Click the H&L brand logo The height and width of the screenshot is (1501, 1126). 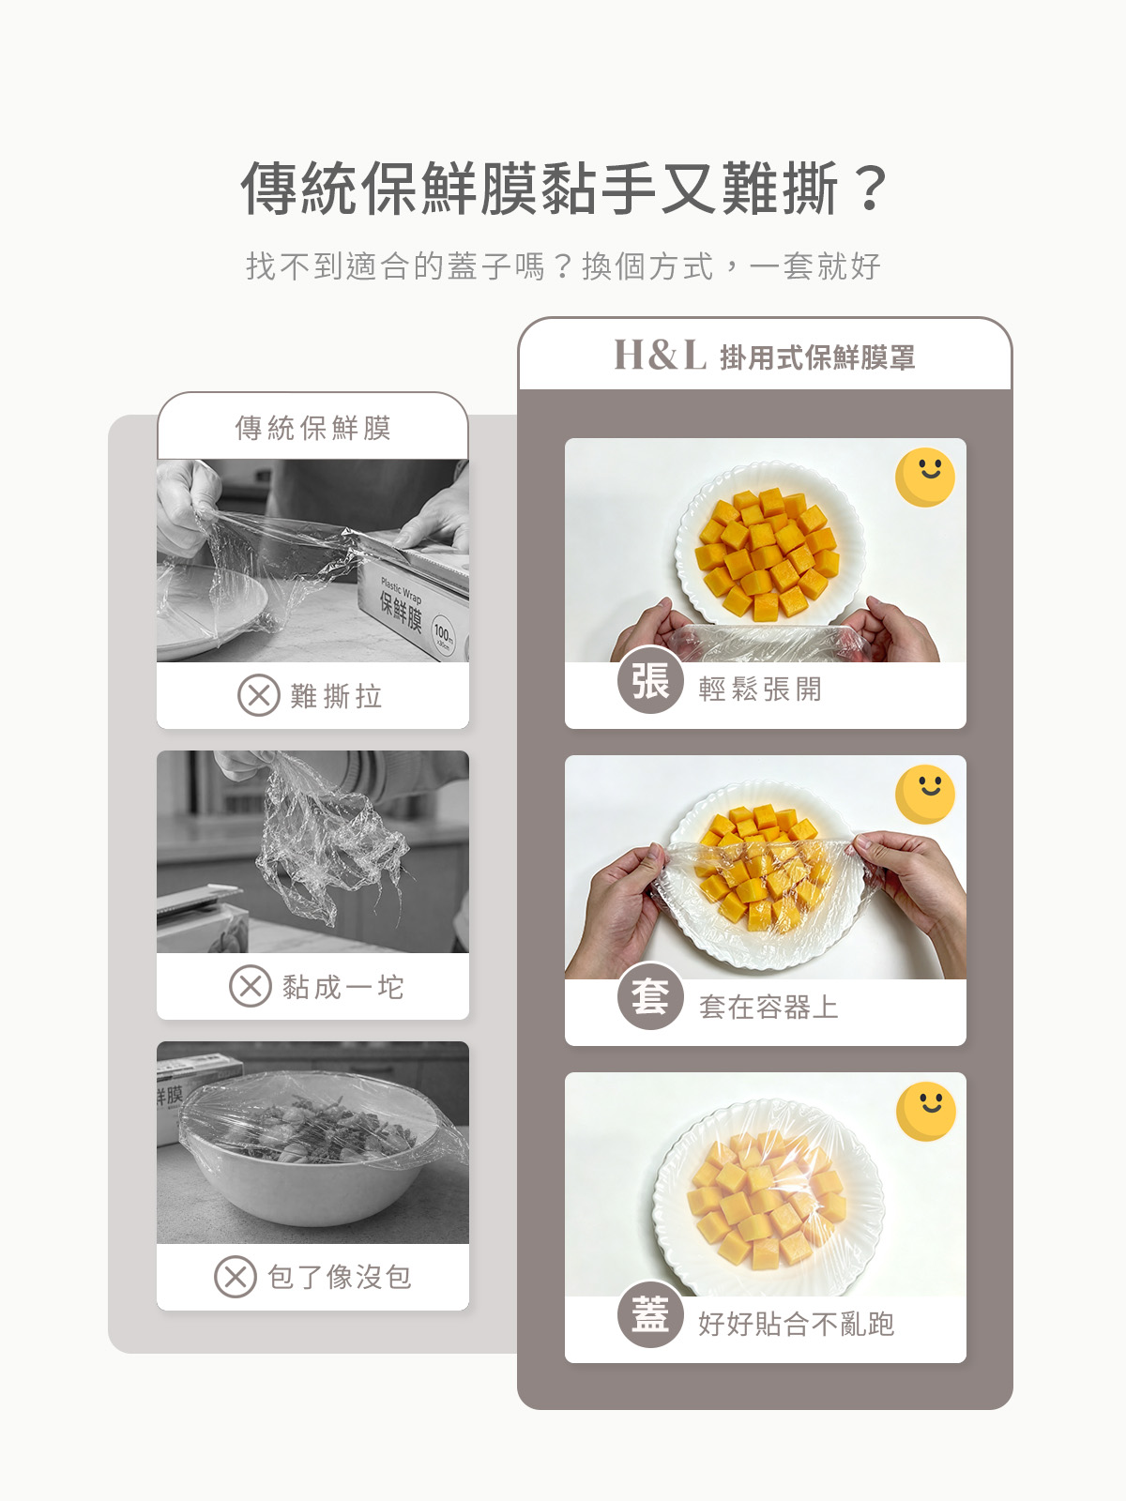pyautogui.click(x=660, y=355)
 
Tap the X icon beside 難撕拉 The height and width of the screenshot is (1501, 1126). pyautogui.click(x=258, y=695)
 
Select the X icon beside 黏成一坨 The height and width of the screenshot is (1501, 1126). pyautogui.click(x=251, y=986)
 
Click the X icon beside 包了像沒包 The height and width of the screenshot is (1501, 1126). pyautogui.click(x=236, y=1277)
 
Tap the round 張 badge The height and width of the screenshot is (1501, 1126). pyautogui.click(x=650, y=680)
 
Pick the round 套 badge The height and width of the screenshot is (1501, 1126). pyautogui.click(x=650, y=998)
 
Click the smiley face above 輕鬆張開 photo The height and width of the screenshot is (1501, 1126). pyautogui.click(x=925, y=478)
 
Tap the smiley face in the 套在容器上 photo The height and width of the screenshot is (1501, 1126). pyautogui.click(x=925, y=794)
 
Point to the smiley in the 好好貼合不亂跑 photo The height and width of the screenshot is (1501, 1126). pyautogui.click(x=926, y=1112)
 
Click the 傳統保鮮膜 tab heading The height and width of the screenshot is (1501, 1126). pyautogui.click(x=313, y=428)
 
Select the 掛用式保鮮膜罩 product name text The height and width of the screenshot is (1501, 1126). pyautogui.click(x=817, y=357)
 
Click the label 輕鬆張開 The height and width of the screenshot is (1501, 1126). pyautogui.click(x=759, y=690)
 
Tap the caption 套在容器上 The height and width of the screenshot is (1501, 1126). pyautogui.click(x=768, y=1007)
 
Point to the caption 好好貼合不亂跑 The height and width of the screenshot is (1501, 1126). pyautogui.click(x=796, y=1324)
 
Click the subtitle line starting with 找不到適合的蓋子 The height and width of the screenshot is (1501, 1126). pyautogui.click(x=563, y=266)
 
